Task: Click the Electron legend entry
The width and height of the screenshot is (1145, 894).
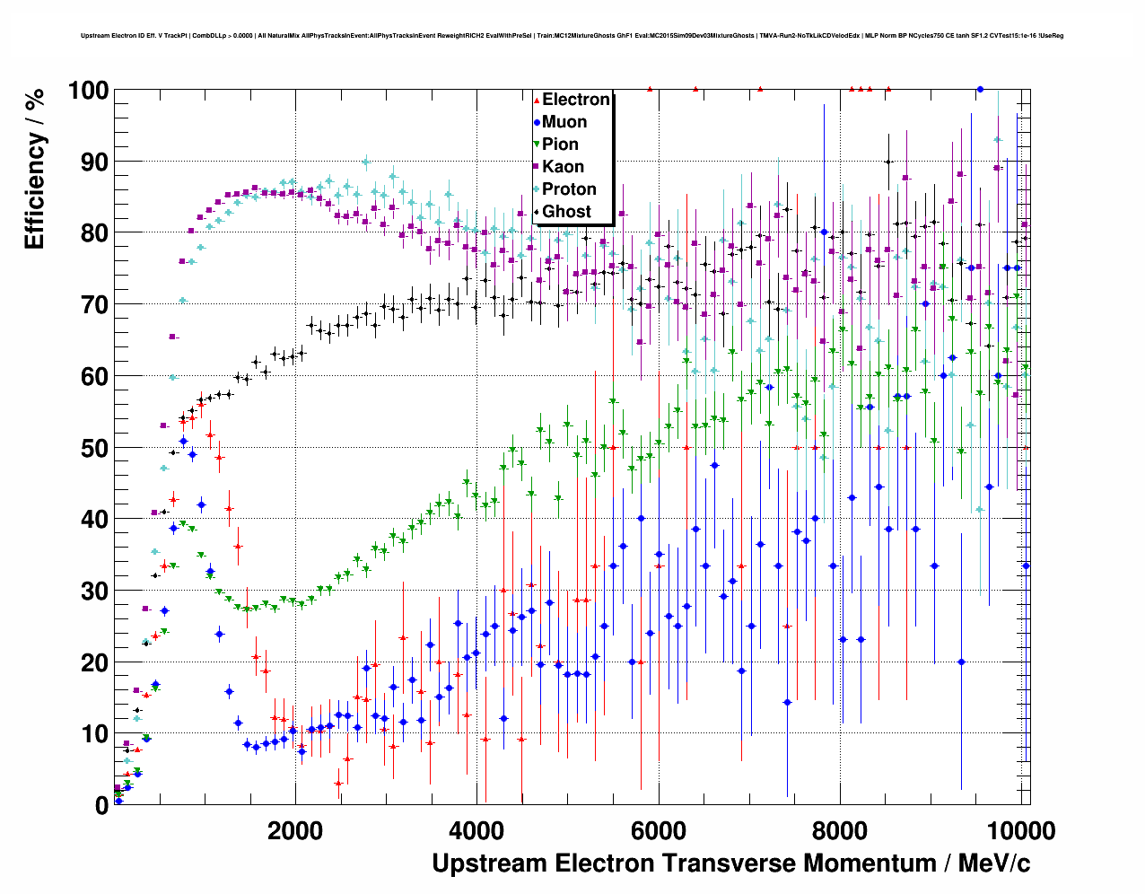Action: click(x=575, y=100)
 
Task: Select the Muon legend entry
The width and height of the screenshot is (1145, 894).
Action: click(x=564, y=122)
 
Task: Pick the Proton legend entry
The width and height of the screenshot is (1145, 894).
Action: click(x=569, y=189)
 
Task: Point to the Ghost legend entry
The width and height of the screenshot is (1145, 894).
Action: click(x=566, y=212)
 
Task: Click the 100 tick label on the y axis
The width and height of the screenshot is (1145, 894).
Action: click(x=88, y=91)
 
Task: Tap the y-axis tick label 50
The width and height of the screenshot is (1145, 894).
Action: click(x=94, y=448)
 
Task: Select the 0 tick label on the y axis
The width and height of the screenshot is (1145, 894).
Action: click(x=101, y=805)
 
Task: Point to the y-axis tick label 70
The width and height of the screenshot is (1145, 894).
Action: click(x=94, y=305)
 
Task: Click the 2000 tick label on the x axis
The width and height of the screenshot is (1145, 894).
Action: click(x=295, y=830)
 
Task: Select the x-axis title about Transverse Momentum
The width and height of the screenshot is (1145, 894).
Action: click(x=730, y=863)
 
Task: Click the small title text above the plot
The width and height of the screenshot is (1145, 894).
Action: click(x=572, y=36)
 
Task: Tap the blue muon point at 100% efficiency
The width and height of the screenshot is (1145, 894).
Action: click(x=980, y=90)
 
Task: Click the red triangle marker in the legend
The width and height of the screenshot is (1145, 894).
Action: click(x=537, y=100)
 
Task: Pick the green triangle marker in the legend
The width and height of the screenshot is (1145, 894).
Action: click(x=537, y=145)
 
